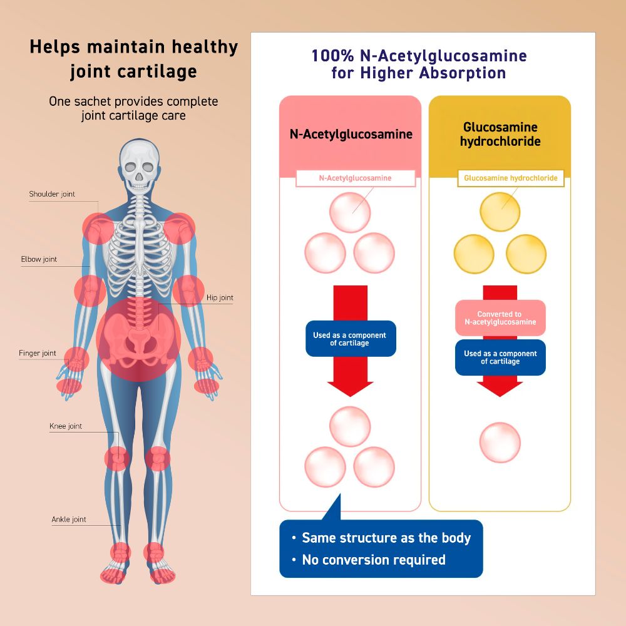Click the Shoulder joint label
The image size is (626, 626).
tap(52, 194)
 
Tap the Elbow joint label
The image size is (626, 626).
tap(39, 259)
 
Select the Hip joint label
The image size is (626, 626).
tap(220, 297)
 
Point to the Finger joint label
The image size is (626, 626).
tap(37, 353)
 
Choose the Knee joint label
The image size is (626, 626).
tap(66, 426)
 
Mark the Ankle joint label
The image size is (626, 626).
tap(69, 520)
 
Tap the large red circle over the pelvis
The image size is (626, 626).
tap(138, 339)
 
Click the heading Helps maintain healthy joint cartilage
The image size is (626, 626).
tap(134, 59)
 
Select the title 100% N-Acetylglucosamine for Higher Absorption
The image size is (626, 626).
tap(419, 64)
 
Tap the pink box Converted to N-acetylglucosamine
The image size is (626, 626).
tap(500, 318)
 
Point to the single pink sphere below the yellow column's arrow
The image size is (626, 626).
tap(500, 443)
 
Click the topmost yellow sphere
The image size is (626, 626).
tap(500, 212)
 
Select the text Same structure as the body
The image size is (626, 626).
tap(386, 538)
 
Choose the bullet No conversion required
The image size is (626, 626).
tap(369, 560)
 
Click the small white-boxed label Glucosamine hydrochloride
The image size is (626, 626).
tap(511, 178)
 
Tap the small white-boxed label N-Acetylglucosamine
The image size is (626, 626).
tap(356, 178)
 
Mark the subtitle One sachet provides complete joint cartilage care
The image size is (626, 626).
tap(133, 108)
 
